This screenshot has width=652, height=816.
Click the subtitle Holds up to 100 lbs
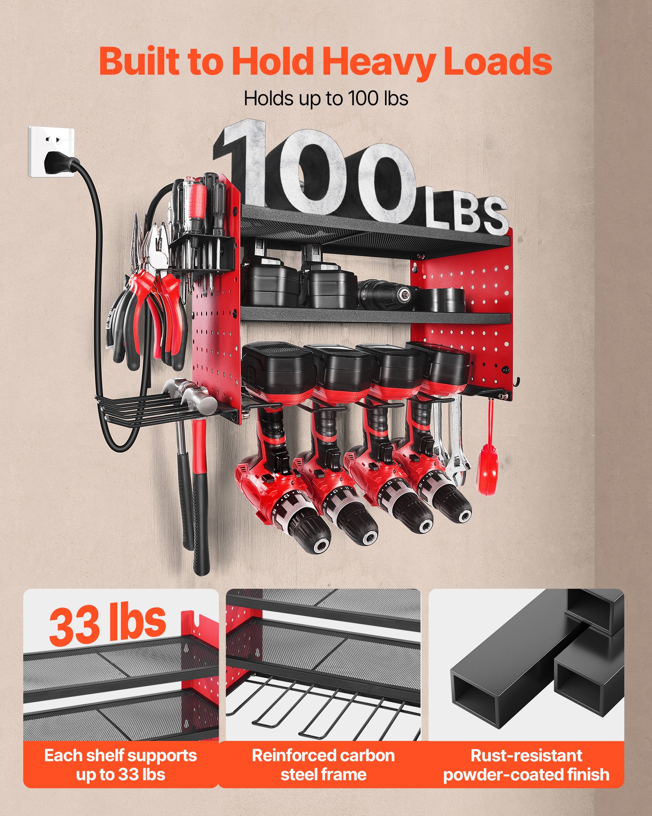coord(326,98)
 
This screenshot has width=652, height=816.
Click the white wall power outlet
coord(51,151)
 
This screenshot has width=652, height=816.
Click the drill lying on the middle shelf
coord(387,292)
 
